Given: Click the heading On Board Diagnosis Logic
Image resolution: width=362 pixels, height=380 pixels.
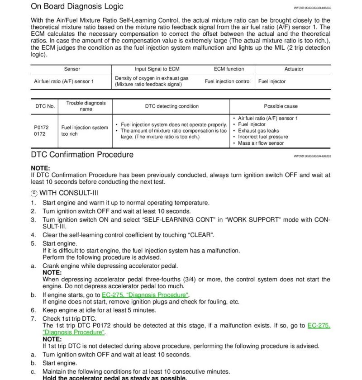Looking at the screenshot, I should pos(76,7).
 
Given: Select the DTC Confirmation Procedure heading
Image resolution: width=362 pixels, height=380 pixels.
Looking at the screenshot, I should pos(82,155).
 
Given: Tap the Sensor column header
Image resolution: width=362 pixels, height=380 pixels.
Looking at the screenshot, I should pos(72,69).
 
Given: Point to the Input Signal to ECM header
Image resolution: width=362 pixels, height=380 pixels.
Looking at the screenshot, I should pos(157,69).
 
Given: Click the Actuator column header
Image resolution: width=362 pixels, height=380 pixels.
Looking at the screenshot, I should pos(294,69).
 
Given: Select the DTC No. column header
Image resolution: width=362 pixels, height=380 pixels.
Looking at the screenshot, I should pos(45,106).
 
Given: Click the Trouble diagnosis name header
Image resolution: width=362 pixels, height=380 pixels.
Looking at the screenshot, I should pos(86,106).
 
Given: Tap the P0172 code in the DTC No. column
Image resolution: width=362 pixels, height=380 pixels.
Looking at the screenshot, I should pos(41,128).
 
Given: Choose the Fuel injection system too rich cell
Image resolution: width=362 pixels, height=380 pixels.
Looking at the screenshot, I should pos(85,131).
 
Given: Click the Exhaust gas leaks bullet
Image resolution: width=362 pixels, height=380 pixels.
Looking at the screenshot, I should pos(257,131).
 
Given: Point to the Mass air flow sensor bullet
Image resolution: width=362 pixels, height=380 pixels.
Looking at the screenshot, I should pos(261,143).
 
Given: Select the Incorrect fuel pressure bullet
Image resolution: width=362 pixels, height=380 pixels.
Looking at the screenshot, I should pos(263,137).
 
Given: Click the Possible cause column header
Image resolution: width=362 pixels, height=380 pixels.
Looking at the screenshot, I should pos(281,106).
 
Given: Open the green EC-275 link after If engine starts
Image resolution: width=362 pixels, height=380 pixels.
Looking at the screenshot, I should pos(145,295).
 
